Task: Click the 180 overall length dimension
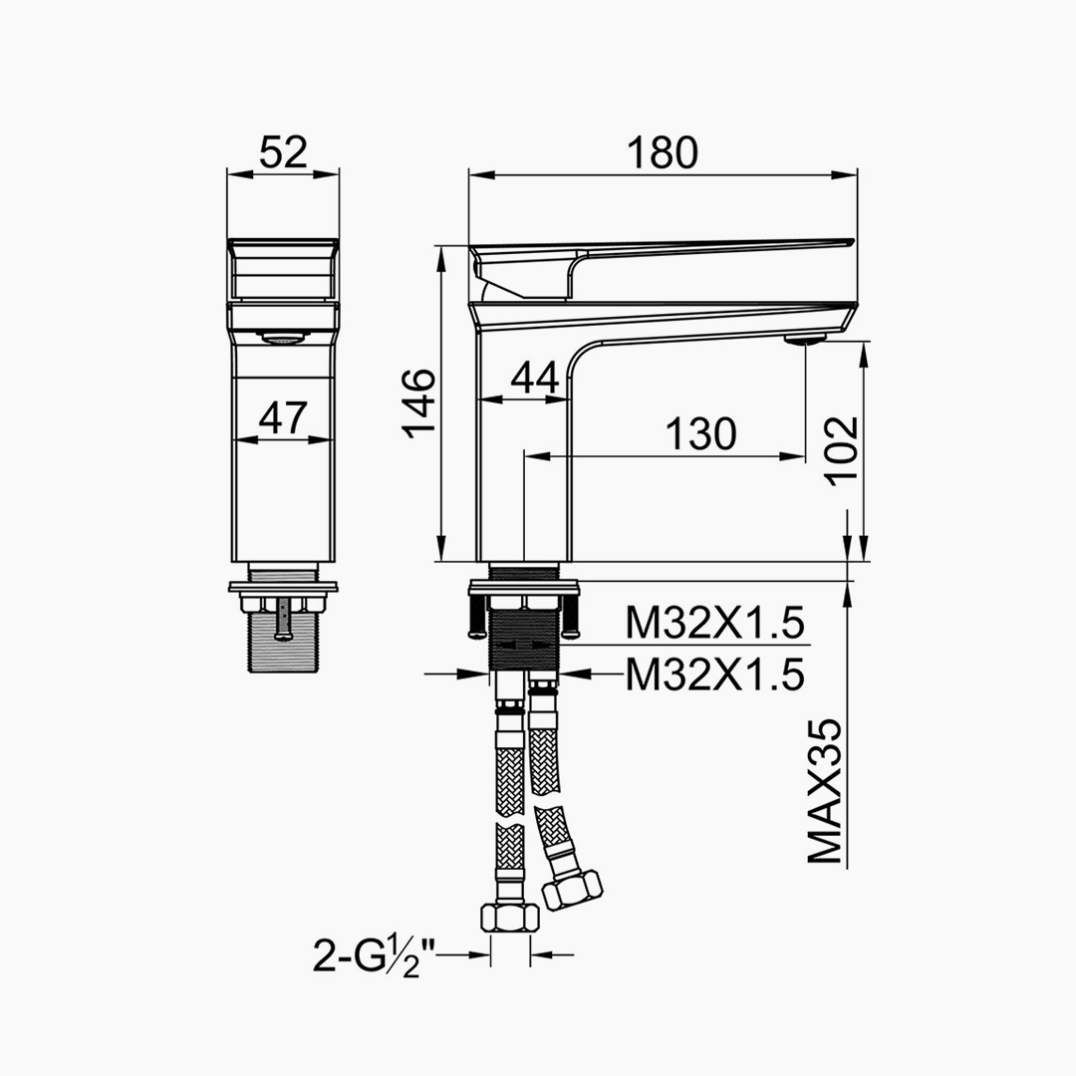point(663,153)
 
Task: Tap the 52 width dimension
point(283,152)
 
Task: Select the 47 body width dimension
point(283,417)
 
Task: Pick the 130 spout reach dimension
point(700,433)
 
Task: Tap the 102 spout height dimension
point(842,451)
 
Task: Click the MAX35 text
point(824,791)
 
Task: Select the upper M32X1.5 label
point(714,624)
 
